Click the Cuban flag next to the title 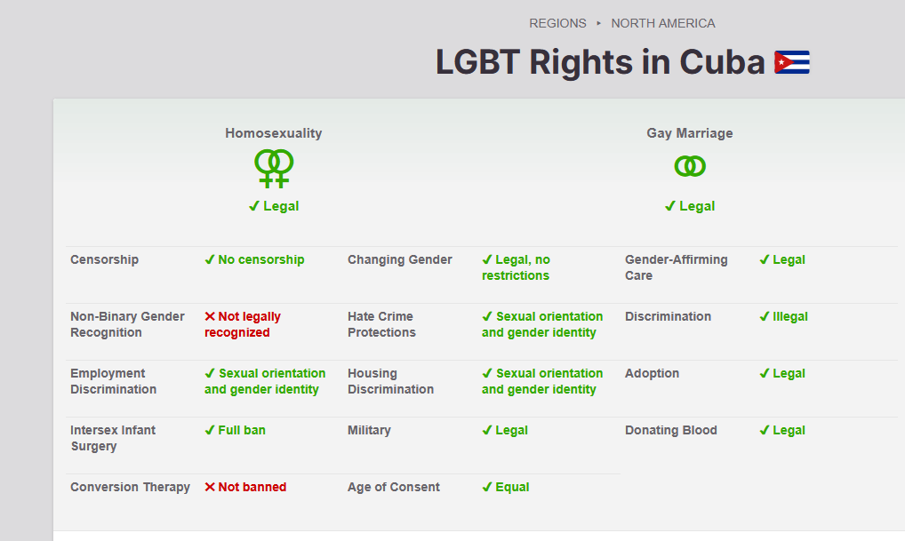tap(792, 62)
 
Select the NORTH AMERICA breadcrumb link tap(662, 24)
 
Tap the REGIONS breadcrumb tap(557, 24)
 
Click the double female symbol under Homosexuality tap(274, 169)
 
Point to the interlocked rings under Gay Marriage tap(690, 167)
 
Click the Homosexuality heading tap(274, 133)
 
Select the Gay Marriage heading tap(690, 133)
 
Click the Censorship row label tap(105, 259)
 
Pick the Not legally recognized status tap(243, 325)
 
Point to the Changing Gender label tap(399, 259)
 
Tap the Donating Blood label tap(670, 430)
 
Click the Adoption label tap(652, 373)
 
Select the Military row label tap(369, 430)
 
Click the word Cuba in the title tap(722, 61)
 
